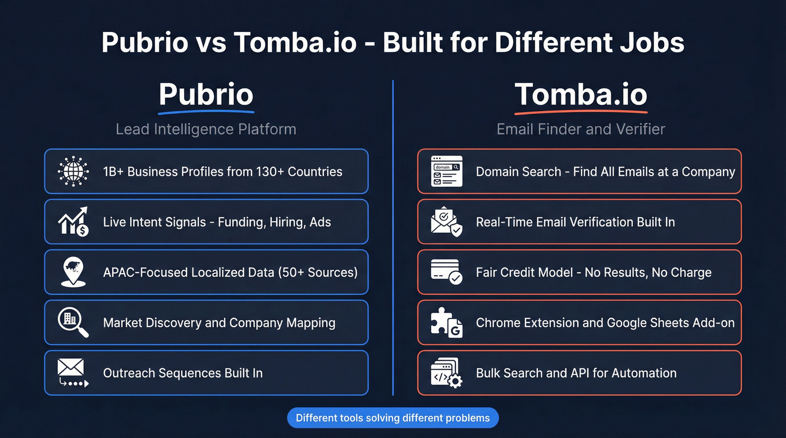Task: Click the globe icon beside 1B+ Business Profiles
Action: [73, 171]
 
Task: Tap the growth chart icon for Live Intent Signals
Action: [73, 222]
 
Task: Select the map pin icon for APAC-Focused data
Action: [73, 272]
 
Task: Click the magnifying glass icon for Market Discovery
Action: [73, 322]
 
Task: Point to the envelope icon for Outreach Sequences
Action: [73, 373]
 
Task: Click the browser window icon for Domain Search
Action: [446, 171]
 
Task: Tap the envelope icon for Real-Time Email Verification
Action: [446, 222]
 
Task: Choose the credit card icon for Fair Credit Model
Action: [446, 272]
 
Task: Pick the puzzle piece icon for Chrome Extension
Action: [446, 322]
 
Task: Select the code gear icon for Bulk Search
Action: [446, 373]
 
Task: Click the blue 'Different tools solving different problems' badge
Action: [392, 418]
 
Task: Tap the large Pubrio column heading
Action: [206, 94]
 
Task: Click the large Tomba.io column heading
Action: [581, 94]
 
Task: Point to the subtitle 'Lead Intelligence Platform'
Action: [206, 129]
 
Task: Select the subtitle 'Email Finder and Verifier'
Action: [581, 129]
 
